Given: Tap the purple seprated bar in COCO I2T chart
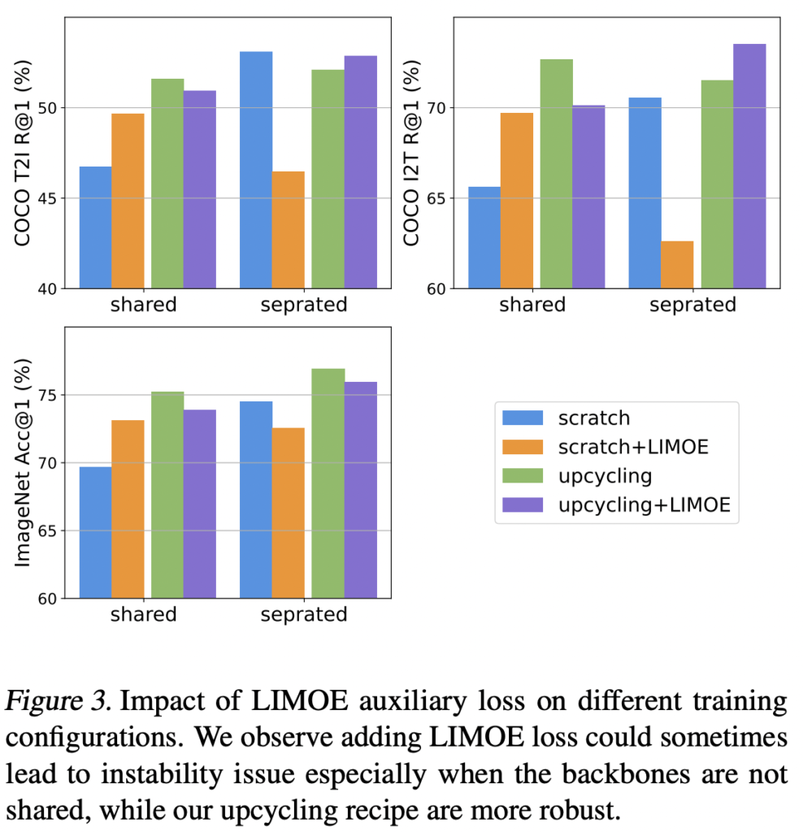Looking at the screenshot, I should (x=749, y=166).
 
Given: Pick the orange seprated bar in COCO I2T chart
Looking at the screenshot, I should (x=677, y=265).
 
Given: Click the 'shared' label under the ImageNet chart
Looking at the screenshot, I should (x=143, y=615).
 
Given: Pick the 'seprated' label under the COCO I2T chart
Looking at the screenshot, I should (x=692, y=305).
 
